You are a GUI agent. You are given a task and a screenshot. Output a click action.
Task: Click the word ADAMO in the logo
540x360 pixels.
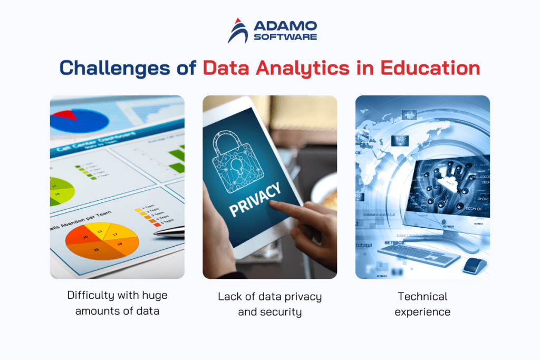click(285, 25)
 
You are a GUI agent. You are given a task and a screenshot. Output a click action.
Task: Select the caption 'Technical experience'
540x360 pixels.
click(422, 304)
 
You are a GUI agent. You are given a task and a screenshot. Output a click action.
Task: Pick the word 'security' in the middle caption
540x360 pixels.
click(284, 312)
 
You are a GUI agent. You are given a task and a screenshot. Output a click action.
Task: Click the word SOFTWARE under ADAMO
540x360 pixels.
click(285, 37)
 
